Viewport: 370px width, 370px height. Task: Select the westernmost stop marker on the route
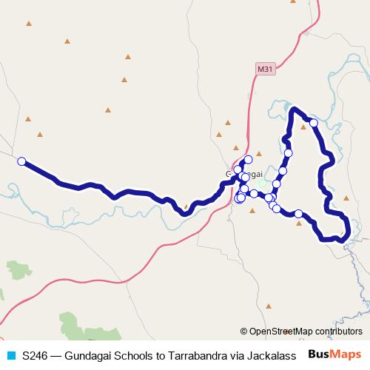(21, 161)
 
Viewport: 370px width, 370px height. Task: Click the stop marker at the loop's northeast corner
(314, 123)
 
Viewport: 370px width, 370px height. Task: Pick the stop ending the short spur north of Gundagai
(248, 159)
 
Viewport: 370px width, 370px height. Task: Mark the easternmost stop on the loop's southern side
(299, 214)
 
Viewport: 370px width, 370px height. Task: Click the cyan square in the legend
(10, 354)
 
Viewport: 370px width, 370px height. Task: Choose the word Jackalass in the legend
(272, 354)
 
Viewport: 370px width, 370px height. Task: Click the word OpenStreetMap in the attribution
(281, 331)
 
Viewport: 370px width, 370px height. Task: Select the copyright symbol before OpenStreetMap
(245, 331)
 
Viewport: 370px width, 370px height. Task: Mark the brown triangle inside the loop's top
(303, 127)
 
